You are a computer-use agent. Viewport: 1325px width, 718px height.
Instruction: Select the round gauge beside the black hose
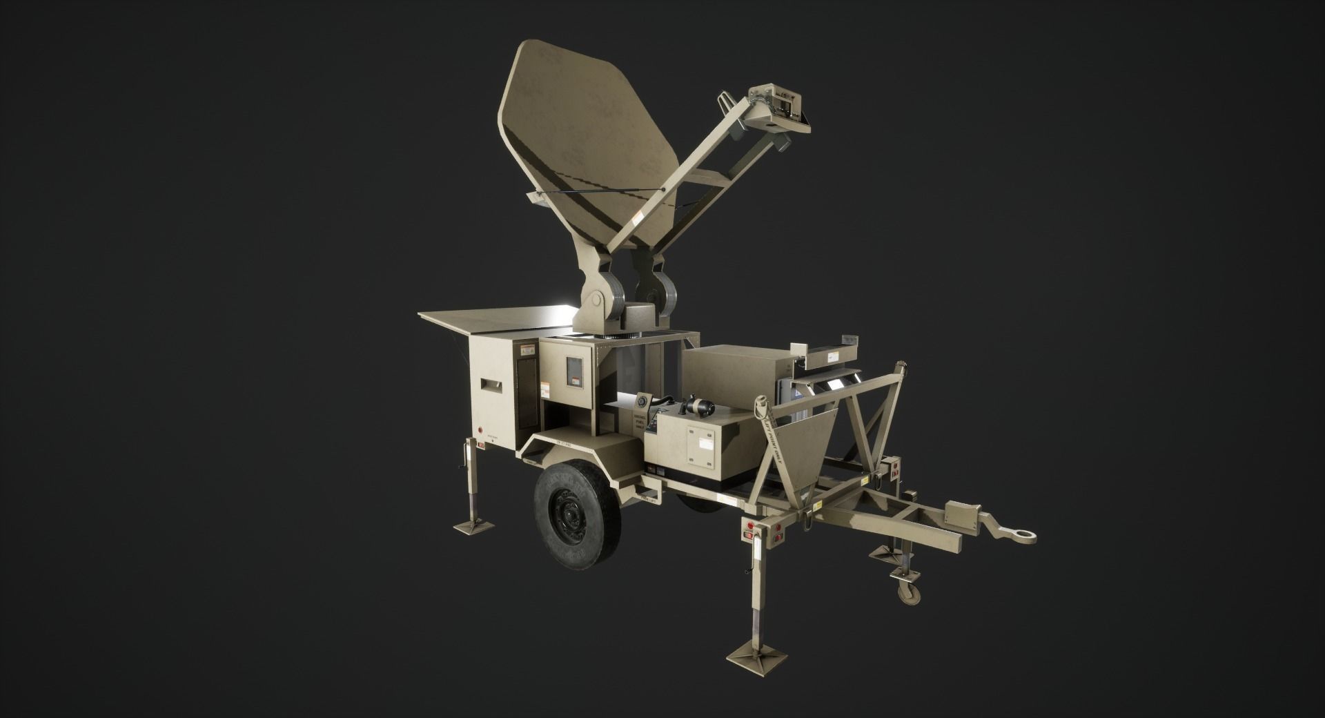tap(641, 400)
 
